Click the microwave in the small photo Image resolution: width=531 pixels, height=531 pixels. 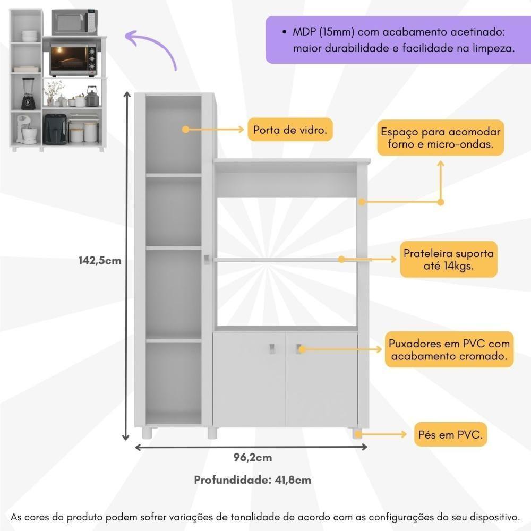click(x=74, y=22)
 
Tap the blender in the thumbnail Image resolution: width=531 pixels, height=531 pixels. click(x=26, y=93)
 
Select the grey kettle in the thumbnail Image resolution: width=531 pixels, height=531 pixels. click(x=92, y=98)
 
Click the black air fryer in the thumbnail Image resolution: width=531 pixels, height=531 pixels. click(x=56, y=129)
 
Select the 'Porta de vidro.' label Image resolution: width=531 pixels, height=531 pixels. click(x=290, y=130)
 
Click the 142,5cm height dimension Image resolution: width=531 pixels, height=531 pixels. click(x=99, y=261)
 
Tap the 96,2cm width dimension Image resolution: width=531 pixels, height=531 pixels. click(x=253, y=457)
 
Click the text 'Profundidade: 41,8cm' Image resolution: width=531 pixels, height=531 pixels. click(x=253, y=480)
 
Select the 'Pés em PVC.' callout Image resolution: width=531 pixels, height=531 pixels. click(x=450, y=435)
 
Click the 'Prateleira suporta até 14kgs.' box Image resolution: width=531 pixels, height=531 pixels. click(x=449, y=259)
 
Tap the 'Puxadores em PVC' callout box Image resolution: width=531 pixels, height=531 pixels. click(x=449, y=349)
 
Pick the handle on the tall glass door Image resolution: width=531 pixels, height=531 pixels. click(x=205, y=258)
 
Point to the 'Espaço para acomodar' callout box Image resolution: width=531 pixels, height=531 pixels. click(x=440, y=138)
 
